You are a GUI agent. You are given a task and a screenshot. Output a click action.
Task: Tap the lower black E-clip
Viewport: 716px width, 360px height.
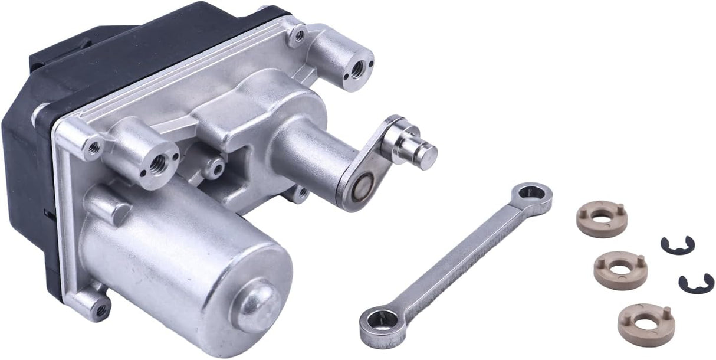click(696, 283)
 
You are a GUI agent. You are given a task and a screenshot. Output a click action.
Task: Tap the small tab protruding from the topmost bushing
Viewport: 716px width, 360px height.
click(622, 209)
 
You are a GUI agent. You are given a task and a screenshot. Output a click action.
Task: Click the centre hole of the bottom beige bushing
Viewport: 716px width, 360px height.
click(645, 323)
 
